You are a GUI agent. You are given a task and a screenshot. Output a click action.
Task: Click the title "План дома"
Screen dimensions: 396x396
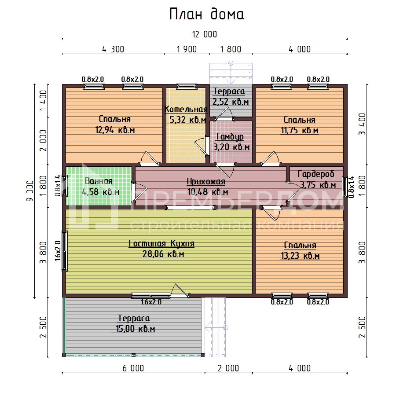pyautogui.click(x=207, y=14)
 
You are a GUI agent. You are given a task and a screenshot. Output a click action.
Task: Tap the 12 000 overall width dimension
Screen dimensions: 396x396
pyautogui.click(x=205, y=34)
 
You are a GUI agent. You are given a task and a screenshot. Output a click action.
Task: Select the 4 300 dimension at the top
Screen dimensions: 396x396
pyautogui.click(x=113, y=49)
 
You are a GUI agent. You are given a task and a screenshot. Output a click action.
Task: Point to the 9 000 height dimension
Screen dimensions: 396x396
pyautogui.click(x=30, y=191)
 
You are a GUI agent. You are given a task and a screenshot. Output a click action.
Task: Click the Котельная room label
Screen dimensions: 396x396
pyautogui.click(x=186, y=109)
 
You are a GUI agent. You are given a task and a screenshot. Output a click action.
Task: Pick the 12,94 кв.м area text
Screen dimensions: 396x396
pyautogui.click(x=115, y=130)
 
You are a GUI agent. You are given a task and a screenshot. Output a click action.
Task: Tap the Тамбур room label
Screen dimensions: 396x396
pyautogui.click(x=230, y=137)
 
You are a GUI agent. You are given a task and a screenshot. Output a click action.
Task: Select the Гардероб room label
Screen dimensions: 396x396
pyautogui.click(x=316, y=174)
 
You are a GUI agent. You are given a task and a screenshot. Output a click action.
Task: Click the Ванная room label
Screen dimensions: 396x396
pyautogui.click(x=99, y=181)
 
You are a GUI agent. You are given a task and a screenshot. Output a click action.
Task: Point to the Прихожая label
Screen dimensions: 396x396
pyautogui.click(x=206, y=182)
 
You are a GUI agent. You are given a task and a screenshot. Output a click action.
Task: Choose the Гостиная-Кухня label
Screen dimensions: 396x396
pyautogui.click(x=161, y=243)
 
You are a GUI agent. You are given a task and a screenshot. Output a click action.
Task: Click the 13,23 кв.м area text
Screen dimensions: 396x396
pyautogui.click(x=300, y=256)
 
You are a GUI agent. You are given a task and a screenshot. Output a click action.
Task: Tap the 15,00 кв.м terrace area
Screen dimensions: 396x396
pyautogui.click(x=136, y=329)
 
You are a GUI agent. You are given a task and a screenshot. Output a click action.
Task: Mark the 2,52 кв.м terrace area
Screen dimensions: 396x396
pyautogui.click(x=231, y=102)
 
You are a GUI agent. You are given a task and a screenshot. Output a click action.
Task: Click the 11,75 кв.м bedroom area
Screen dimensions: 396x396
pyautogui.click(x=300, y=130)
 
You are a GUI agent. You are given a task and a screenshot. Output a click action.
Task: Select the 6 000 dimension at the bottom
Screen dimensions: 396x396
pyautogui.click(x=133, y=368)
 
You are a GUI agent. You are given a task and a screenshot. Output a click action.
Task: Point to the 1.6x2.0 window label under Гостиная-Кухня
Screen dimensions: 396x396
pyautogui.click(x=151, y=302)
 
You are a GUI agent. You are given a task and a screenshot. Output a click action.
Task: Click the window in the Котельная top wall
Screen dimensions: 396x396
pyautogui.click(x=187, y=86)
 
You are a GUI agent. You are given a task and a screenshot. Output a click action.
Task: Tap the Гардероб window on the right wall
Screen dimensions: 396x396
pyautogui.click(x=345, y=187)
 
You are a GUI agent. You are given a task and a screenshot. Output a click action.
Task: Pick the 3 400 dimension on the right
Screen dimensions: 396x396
pyautogui.click(x=362, y=124)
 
